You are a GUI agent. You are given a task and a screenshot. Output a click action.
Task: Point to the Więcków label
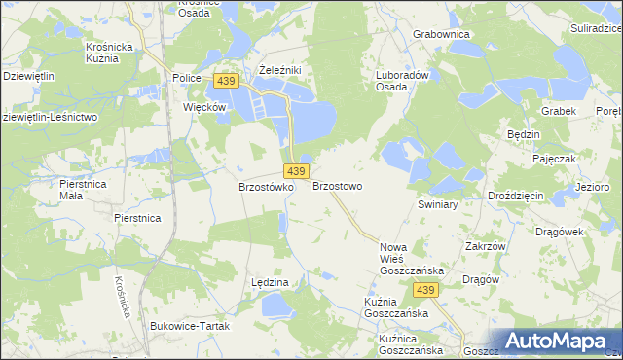205,106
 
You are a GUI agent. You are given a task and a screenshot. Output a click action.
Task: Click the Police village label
186,78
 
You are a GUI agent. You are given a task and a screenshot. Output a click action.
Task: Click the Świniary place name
437,205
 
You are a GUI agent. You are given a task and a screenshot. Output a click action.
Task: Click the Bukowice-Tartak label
192,326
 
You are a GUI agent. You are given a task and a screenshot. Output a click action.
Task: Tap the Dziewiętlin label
28,75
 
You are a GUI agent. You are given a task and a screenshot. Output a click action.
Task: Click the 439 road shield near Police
226,80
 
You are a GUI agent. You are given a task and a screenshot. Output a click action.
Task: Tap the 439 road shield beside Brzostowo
298,171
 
